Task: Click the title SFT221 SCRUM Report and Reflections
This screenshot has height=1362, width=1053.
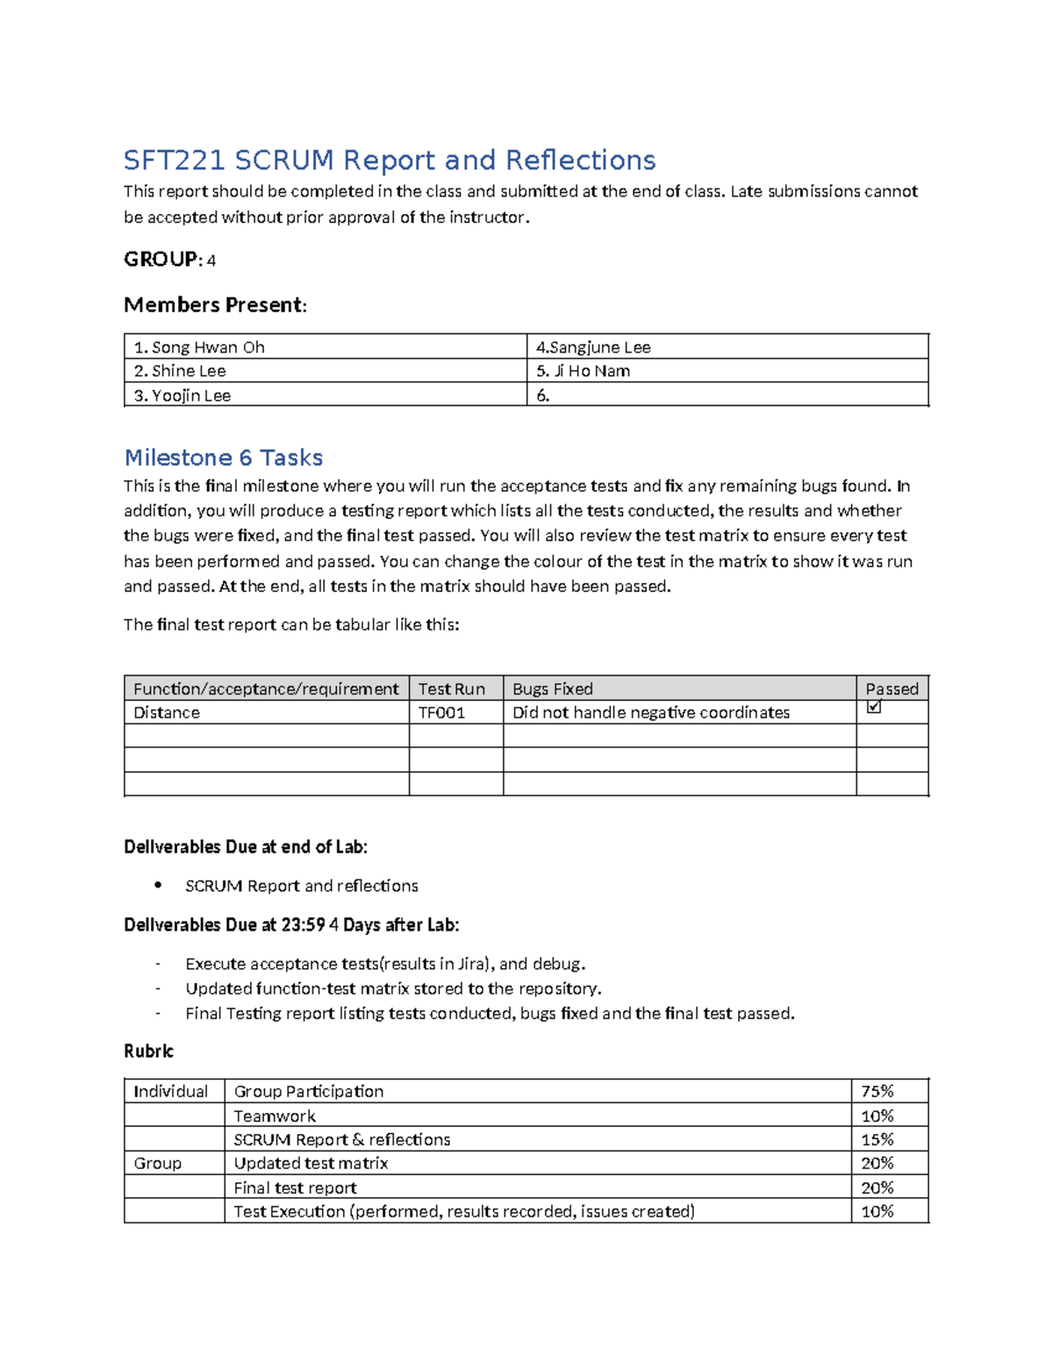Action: pos(389,160)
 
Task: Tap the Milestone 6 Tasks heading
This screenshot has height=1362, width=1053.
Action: pos(223,458)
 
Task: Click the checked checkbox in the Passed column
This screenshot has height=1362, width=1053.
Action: pos(873,707)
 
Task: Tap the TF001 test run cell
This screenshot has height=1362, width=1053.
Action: pos(441,712)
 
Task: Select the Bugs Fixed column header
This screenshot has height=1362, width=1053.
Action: pos(552,688)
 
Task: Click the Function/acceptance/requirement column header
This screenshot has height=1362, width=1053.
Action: pos(265,688)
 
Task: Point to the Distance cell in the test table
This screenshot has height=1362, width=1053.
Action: pos(166,712)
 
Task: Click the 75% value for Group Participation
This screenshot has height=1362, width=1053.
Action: pos(877,1091)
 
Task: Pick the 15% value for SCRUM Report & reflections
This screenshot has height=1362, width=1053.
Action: pos(877,1139)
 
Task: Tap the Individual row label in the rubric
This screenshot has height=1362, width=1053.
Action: pos(170,1091)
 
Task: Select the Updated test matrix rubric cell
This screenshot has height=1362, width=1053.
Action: pos(311,1163)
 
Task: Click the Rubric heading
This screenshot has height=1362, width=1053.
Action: pos(148,1051)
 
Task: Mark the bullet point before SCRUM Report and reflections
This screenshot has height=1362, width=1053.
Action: pos(158,885)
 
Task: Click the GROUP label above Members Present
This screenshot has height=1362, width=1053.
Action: pos(161,260)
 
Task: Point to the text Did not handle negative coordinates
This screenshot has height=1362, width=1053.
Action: pos(650,712)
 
